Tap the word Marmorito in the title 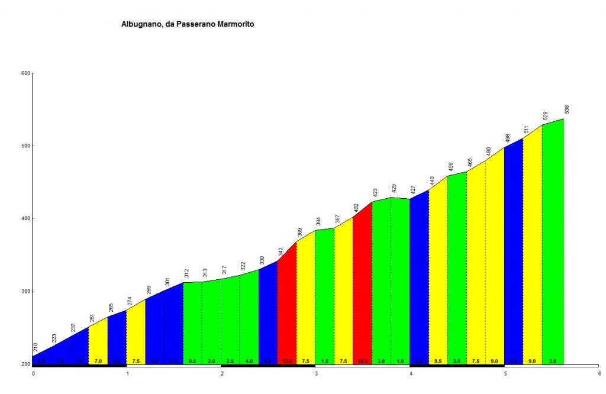pyautogui.click(x=233, y=25)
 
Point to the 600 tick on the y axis pyautogui.click(x=25, y=73)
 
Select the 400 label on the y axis pyautogui.click(x=25, y=219)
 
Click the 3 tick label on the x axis pyautogui.click(x=317, y=374)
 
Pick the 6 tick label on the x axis pyautogui.click(x=599, y=374)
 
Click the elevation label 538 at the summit pyautogui.click(x=567, y=110)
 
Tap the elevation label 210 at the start pyautogui.click(x=36, y=348)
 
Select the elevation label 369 pyautogui.click(x=299, y=232)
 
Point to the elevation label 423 pyautogui.click(x=375, y=193)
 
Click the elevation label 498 pyautogui.click(x=507, y=139)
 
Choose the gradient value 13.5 pyautogui.click(x=286, y=361)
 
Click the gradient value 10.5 pyautogui.click(x=362, y=361)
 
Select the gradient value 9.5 pyautogui.click(x=438, y=361)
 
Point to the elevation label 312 pyautogui.click(x=186, y=273)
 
